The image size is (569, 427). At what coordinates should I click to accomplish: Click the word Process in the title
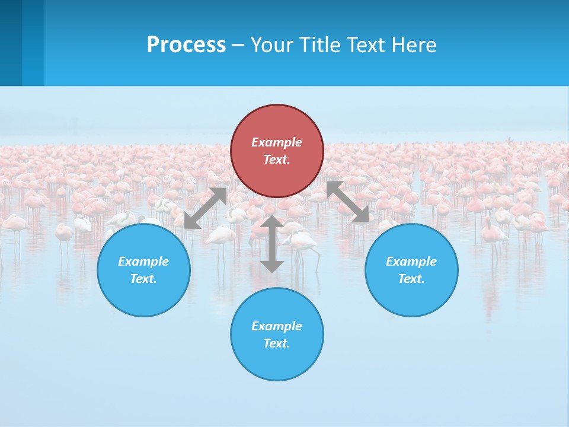point(186,45)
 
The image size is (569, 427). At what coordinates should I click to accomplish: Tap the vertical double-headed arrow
point(272,244)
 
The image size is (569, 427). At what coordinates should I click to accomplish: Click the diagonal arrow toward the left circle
point(205,208)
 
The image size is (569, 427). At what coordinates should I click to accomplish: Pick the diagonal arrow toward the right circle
point(348,202)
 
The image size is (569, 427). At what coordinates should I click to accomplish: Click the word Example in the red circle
point(277,142)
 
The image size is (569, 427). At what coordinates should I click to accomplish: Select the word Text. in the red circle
point(277,160)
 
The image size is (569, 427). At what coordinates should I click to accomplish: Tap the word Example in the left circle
point(143,262)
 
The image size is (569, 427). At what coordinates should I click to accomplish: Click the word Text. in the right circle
point(411,279)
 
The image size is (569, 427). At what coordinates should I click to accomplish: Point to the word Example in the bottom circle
point(277,326)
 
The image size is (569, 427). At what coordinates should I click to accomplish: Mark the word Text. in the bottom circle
point(277,343)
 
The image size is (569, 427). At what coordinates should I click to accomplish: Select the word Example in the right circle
point(411,262)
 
